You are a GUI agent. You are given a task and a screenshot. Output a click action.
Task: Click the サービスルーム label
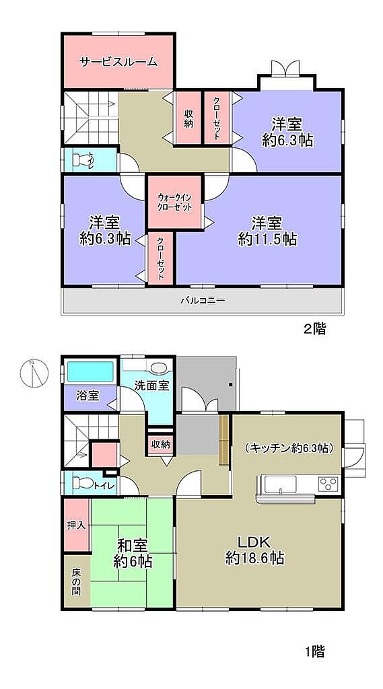(118, 62)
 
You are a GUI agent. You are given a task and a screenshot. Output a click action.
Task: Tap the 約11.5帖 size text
(267, 239)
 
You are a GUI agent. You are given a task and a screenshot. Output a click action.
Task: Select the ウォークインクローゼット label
(175, 202)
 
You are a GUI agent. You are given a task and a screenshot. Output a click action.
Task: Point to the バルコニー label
(203, 301)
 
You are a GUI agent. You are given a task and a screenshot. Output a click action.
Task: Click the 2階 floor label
(314, 329)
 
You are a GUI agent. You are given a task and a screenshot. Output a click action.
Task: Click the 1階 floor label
(314, 651)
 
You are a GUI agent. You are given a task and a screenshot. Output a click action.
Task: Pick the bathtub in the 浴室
(91, 371)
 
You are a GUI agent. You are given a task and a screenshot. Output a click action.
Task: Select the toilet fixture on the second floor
(81, 160)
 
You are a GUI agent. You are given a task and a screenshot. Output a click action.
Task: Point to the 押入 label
(75, 525)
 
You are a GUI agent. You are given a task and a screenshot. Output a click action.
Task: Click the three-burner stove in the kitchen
(328, 484)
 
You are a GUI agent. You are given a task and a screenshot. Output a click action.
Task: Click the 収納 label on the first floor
(160, 445)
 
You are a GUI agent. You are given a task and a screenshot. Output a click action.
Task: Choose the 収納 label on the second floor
(188, 118)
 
